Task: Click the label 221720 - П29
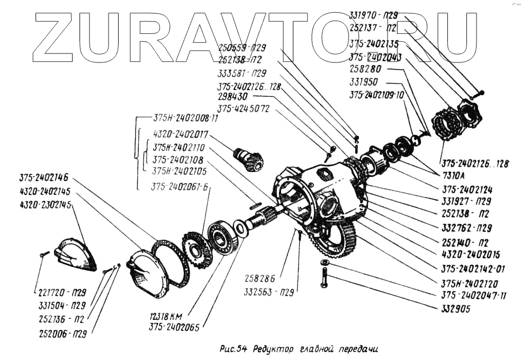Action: tap(62, 292)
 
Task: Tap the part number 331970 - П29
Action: tap(373, 16)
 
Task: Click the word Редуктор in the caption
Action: tap(273, 349)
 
